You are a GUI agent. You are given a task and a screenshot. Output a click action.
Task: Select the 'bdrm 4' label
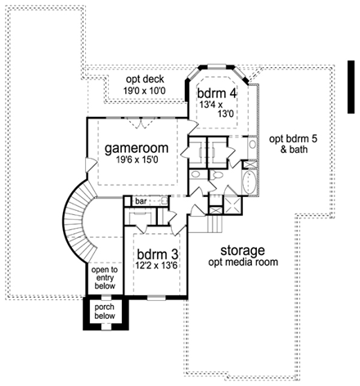[x=217, y=93]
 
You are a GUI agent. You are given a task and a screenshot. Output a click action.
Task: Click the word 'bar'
[x=141, y=200]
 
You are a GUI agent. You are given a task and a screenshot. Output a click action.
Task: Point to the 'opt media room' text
[x=242, y=262]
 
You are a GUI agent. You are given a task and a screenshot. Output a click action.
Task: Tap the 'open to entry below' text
[x=104, y=277]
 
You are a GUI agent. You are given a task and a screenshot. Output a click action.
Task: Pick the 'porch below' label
[x=105, y=312]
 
